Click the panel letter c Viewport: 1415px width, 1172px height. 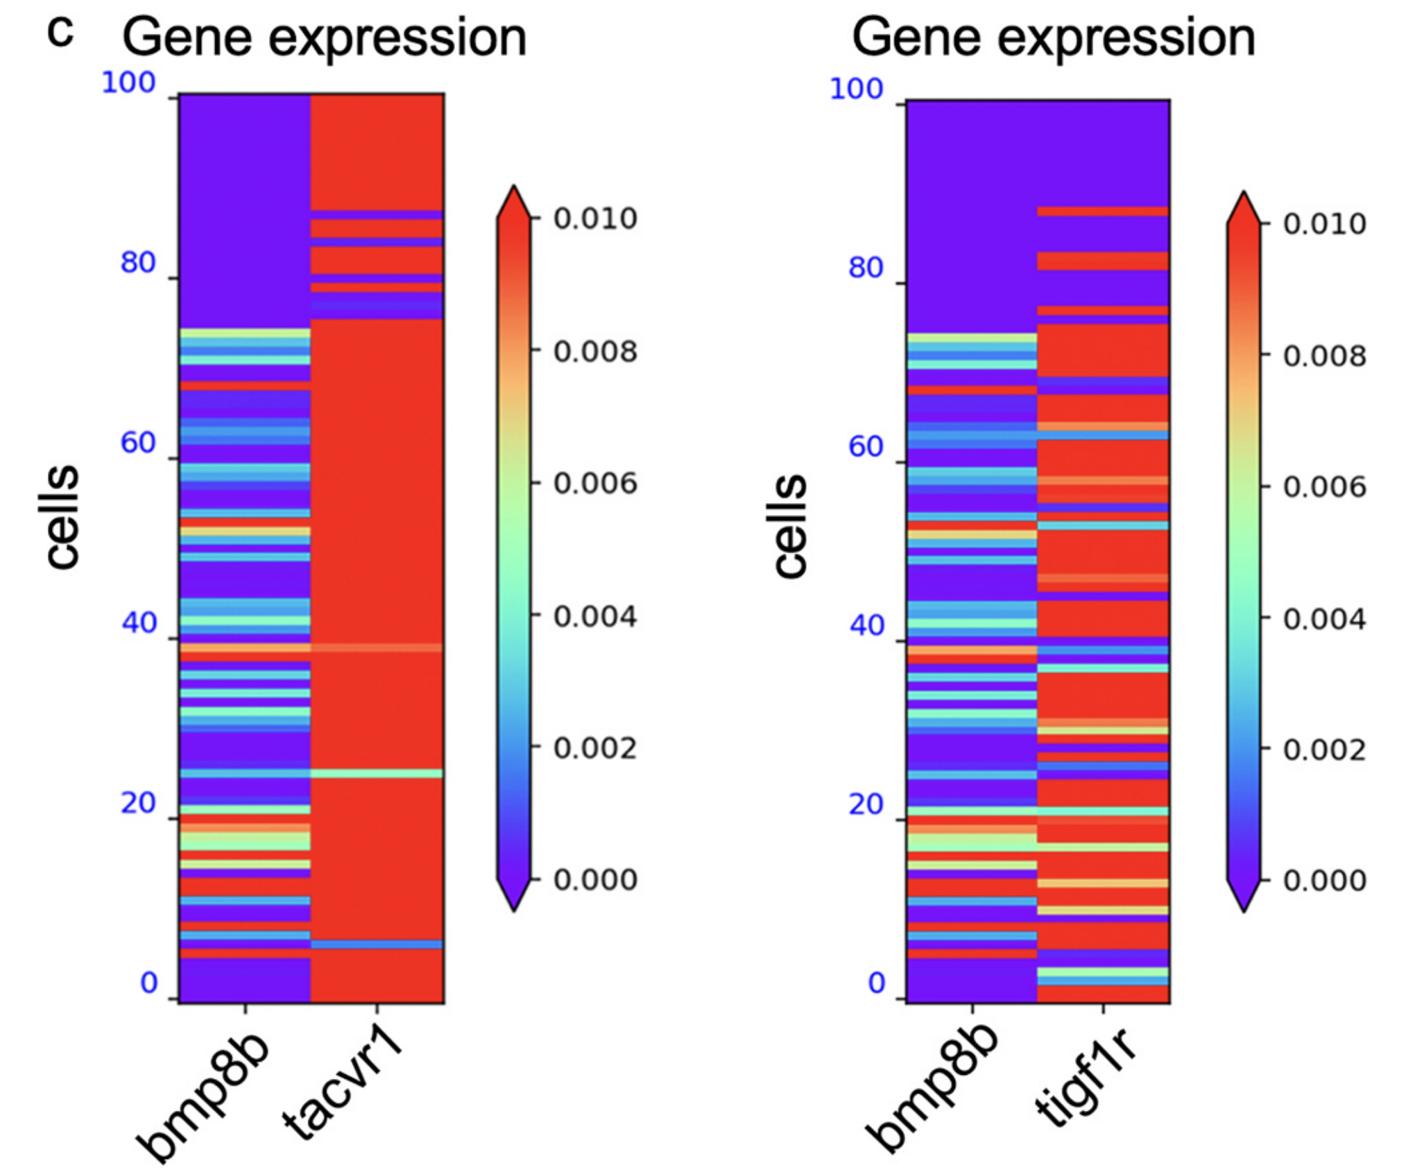pyautogui.click(x=60, y=33)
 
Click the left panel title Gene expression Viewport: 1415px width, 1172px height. pyautogui.click(x=324, y=37)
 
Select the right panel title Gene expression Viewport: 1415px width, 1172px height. pyautogui.click(x=1053, y=37)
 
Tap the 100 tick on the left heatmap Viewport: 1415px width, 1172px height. pyautogui.click(x=128, y=83)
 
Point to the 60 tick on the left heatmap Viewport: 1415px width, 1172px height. pyautogui.click(x=138, y=442)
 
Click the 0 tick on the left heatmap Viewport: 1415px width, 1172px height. pyautogui.click(x=149, y=983)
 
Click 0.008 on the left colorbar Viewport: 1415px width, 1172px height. pyautogui.click(x=595, y=351)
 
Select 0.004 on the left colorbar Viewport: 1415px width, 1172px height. pyautogui.click(x=595, y=616)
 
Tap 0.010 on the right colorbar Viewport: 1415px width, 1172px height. pyautogui.click(x=1324, y=224)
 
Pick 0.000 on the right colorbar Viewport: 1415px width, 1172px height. pyautogui.click(x=1324, y=881)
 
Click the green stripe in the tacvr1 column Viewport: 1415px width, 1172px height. pyautogui.click(x=377, y=773)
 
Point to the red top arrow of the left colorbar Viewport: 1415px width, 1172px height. pyautogui.click(x=514, y=201)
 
